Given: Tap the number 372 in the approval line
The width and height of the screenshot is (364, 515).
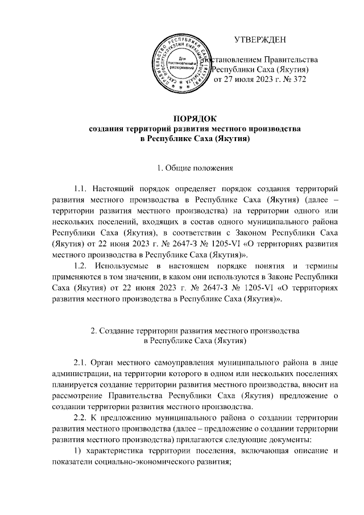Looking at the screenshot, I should [x=299, y=80].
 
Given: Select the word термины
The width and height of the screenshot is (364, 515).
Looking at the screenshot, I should [x=317, y=266].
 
